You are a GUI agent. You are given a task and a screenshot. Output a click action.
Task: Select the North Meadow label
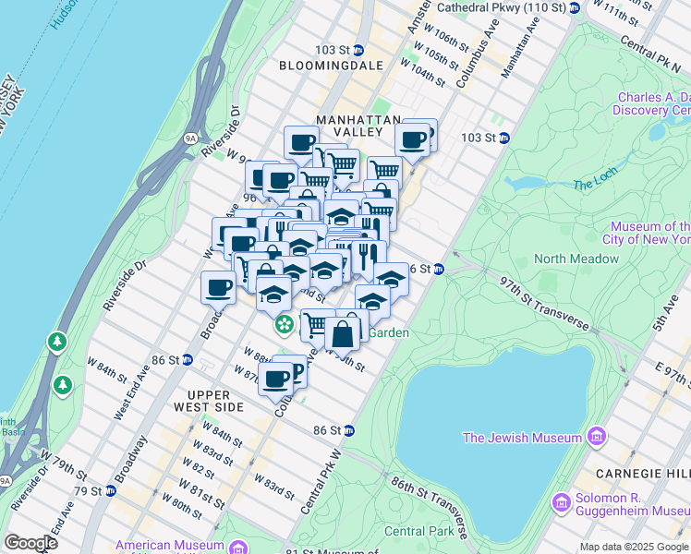[576, 259]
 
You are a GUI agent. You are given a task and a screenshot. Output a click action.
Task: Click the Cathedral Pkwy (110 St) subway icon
[574, 8]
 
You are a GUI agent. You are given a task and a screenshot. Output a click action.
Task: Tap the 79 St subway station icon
[110, 490]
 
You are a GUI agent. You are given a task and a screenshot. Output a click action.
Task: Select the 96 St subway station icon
[440, 269]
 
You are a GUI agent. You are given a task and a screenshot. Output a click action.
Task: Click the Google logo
[30, 543]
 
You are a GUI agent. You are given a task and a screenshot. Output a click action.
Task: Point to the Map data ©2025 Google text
[633, 547]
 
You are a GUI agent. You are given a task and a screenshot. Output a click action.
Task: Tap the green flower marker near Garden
[285, 324]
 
